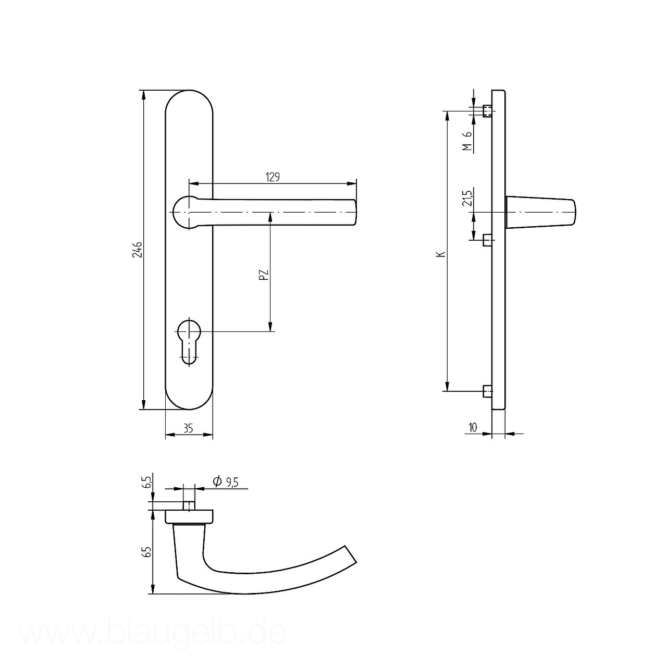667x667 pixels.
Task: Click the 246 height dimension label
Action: [x=138, y=250]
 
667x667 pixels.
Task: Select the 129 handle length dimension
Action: [x=273, y=177]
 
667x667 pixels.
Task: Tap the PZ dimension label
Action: [x=264, y=275]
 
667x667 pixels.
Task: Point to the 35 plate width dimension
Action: [x=188, y=428]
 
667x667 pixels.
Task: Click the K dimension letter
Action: [x=441, y=254]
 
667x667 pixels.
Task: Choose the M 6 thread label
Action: [x=467, y=141]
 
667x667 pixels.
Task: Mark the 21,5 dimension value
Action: [x=467, y=198]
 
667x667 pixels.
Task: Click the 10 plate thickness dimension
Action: [x=473, y=427]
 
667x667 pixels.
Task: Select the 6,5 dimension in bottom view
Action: [x=147, y=482]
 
